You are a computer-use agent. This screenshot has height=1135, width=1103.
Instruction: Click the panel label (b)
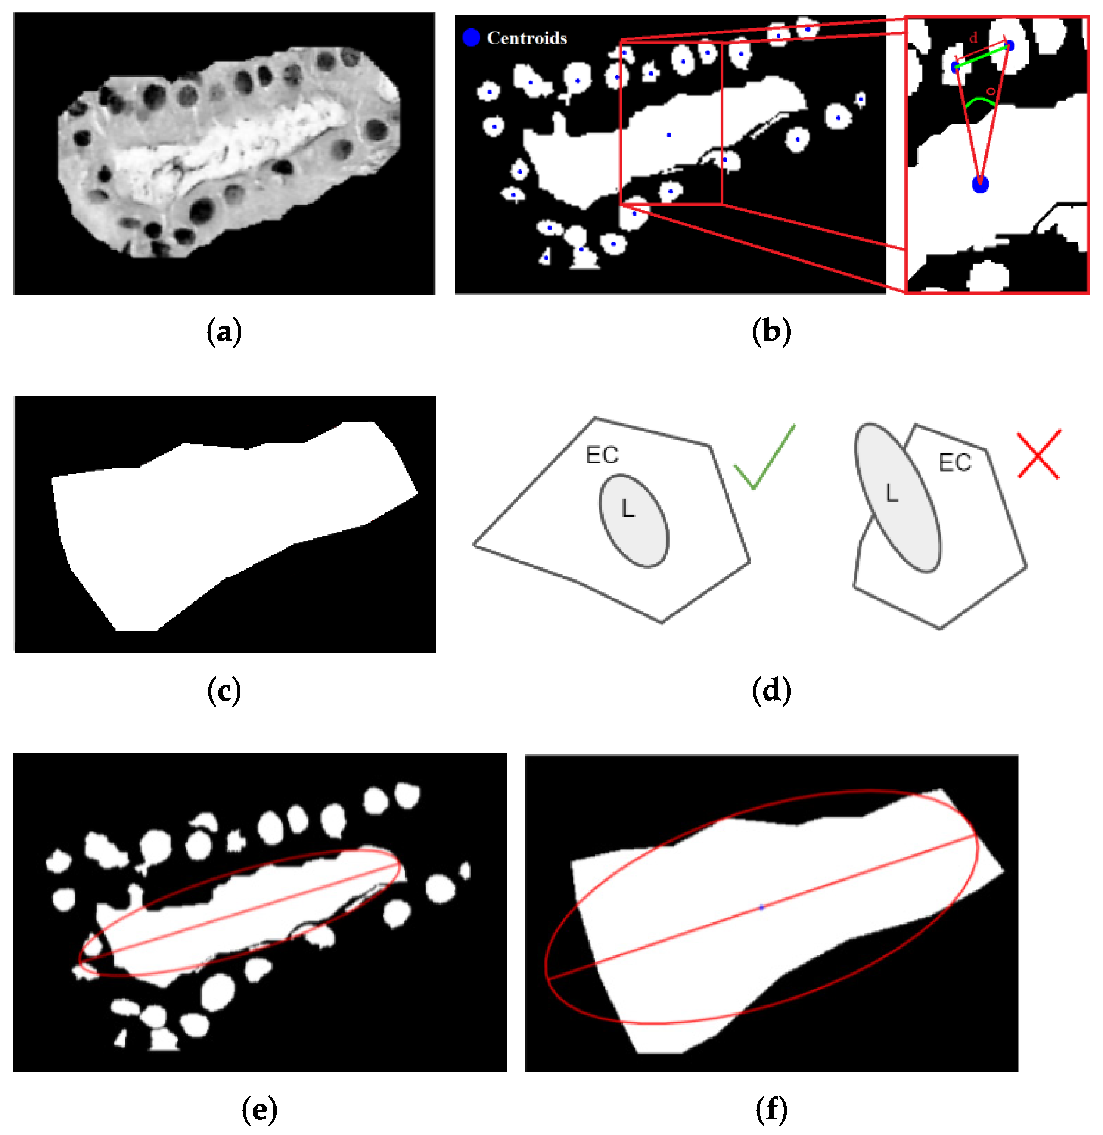[x=771, y=332]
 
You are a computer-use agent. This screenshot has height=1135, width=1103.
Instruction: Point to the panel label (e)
[x=259, y=1110]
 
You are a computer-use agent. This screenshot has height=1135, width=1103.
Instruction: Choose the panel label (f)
[x=771, y=1110]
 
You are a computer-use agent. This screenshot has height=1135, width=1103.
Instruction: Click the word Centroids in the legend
[x=527, y=38]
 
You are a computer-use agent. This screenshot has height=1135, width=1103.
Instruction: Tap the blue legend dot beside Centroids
[x=471, y=37]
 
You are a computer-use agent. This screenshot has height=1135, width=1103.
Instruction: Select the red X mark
[x=1039, y=454]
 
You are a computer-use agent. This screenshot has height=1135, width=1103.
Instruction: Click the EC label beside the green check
[x=602, y=455]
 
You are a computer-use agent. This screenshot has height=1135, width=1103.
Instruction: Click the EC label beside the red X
[x=955, y=463]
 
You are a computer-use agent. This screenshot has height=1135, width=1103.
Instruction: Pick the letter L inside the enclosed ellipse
[x=628, y=509]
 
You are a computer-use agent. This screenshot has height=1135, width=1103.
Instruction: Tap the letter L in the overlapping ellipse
[x=892, y=493]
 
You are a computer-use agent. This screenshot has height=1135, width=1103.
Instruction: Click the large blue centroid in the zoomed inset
[x=980, y=185]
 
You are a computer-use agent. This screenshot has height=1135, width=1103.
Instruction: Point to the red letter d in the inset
[x=973, y=37]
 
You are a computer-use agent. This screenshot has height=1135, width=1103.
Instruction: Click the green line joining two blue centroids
[x=982, y=57]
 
